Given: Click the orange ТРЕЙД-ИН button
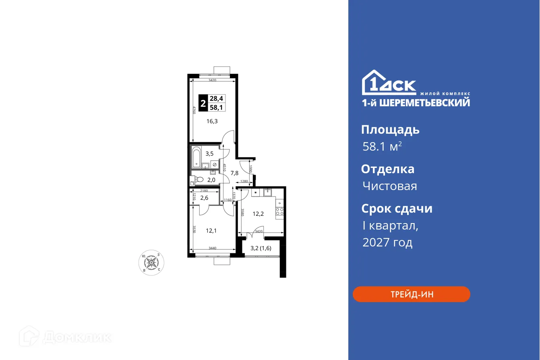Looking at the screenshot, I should (411, 294).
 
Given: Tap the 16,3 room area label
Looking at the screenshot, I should (212, 121).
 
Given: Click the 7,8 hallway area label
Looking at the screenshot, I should (234, 173).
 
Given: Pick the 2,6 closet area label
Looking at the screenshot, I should (204, 197).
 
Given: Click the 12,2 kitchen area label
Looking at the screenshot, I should (258, 213).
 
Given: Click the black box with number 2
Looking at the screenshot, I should (203, 102).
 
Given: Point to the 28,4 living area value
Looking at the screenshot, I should (219, 98).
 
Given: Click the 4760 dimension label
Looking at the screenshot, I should (194, 110).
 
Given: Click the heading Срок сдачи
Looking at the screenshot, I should (397, 209).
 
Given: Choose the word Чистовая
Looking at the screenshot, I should (389, 186).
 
